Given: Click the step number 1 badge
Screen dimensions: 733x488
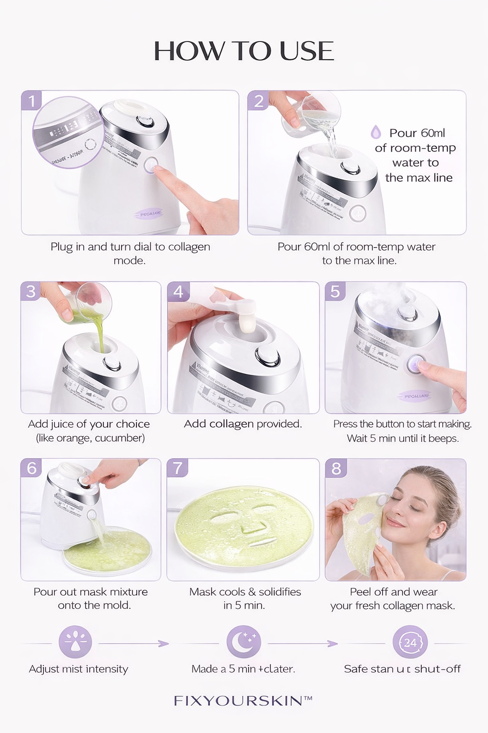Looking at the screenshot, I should click(32, 101).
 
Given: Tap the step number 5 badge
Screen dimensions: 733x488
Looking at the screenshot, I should click(335, 291).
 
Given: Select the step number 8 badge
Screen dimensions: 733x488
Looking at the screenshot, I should click(335, 468).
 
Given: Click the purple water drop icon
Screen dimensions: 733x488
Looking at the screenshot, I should click(376, 132).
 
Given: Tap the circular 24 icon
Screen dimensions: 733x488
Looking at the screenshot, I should click(410, 643).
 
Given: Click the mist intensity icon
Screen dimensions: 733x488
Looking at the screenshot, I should click(75, 642).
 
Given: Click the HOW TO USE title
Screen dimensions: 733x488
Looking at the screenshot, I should click(244, 51).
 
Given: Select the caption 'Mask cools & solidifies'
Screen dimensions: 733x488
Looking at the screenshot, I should click(245, 592).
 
